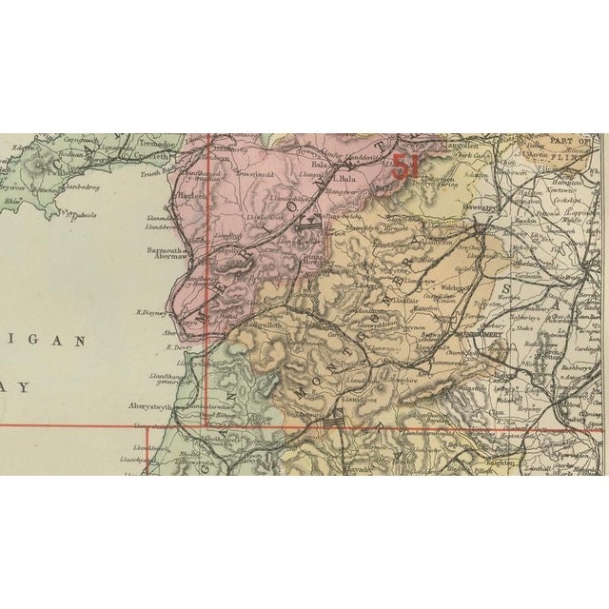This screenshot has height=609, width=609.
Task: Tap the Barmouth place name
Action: point(163,251)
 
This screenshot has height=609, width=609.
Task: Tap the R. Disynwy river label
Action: point(152,311)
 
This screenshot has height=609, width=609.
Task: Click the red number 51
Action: point(405,165)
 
